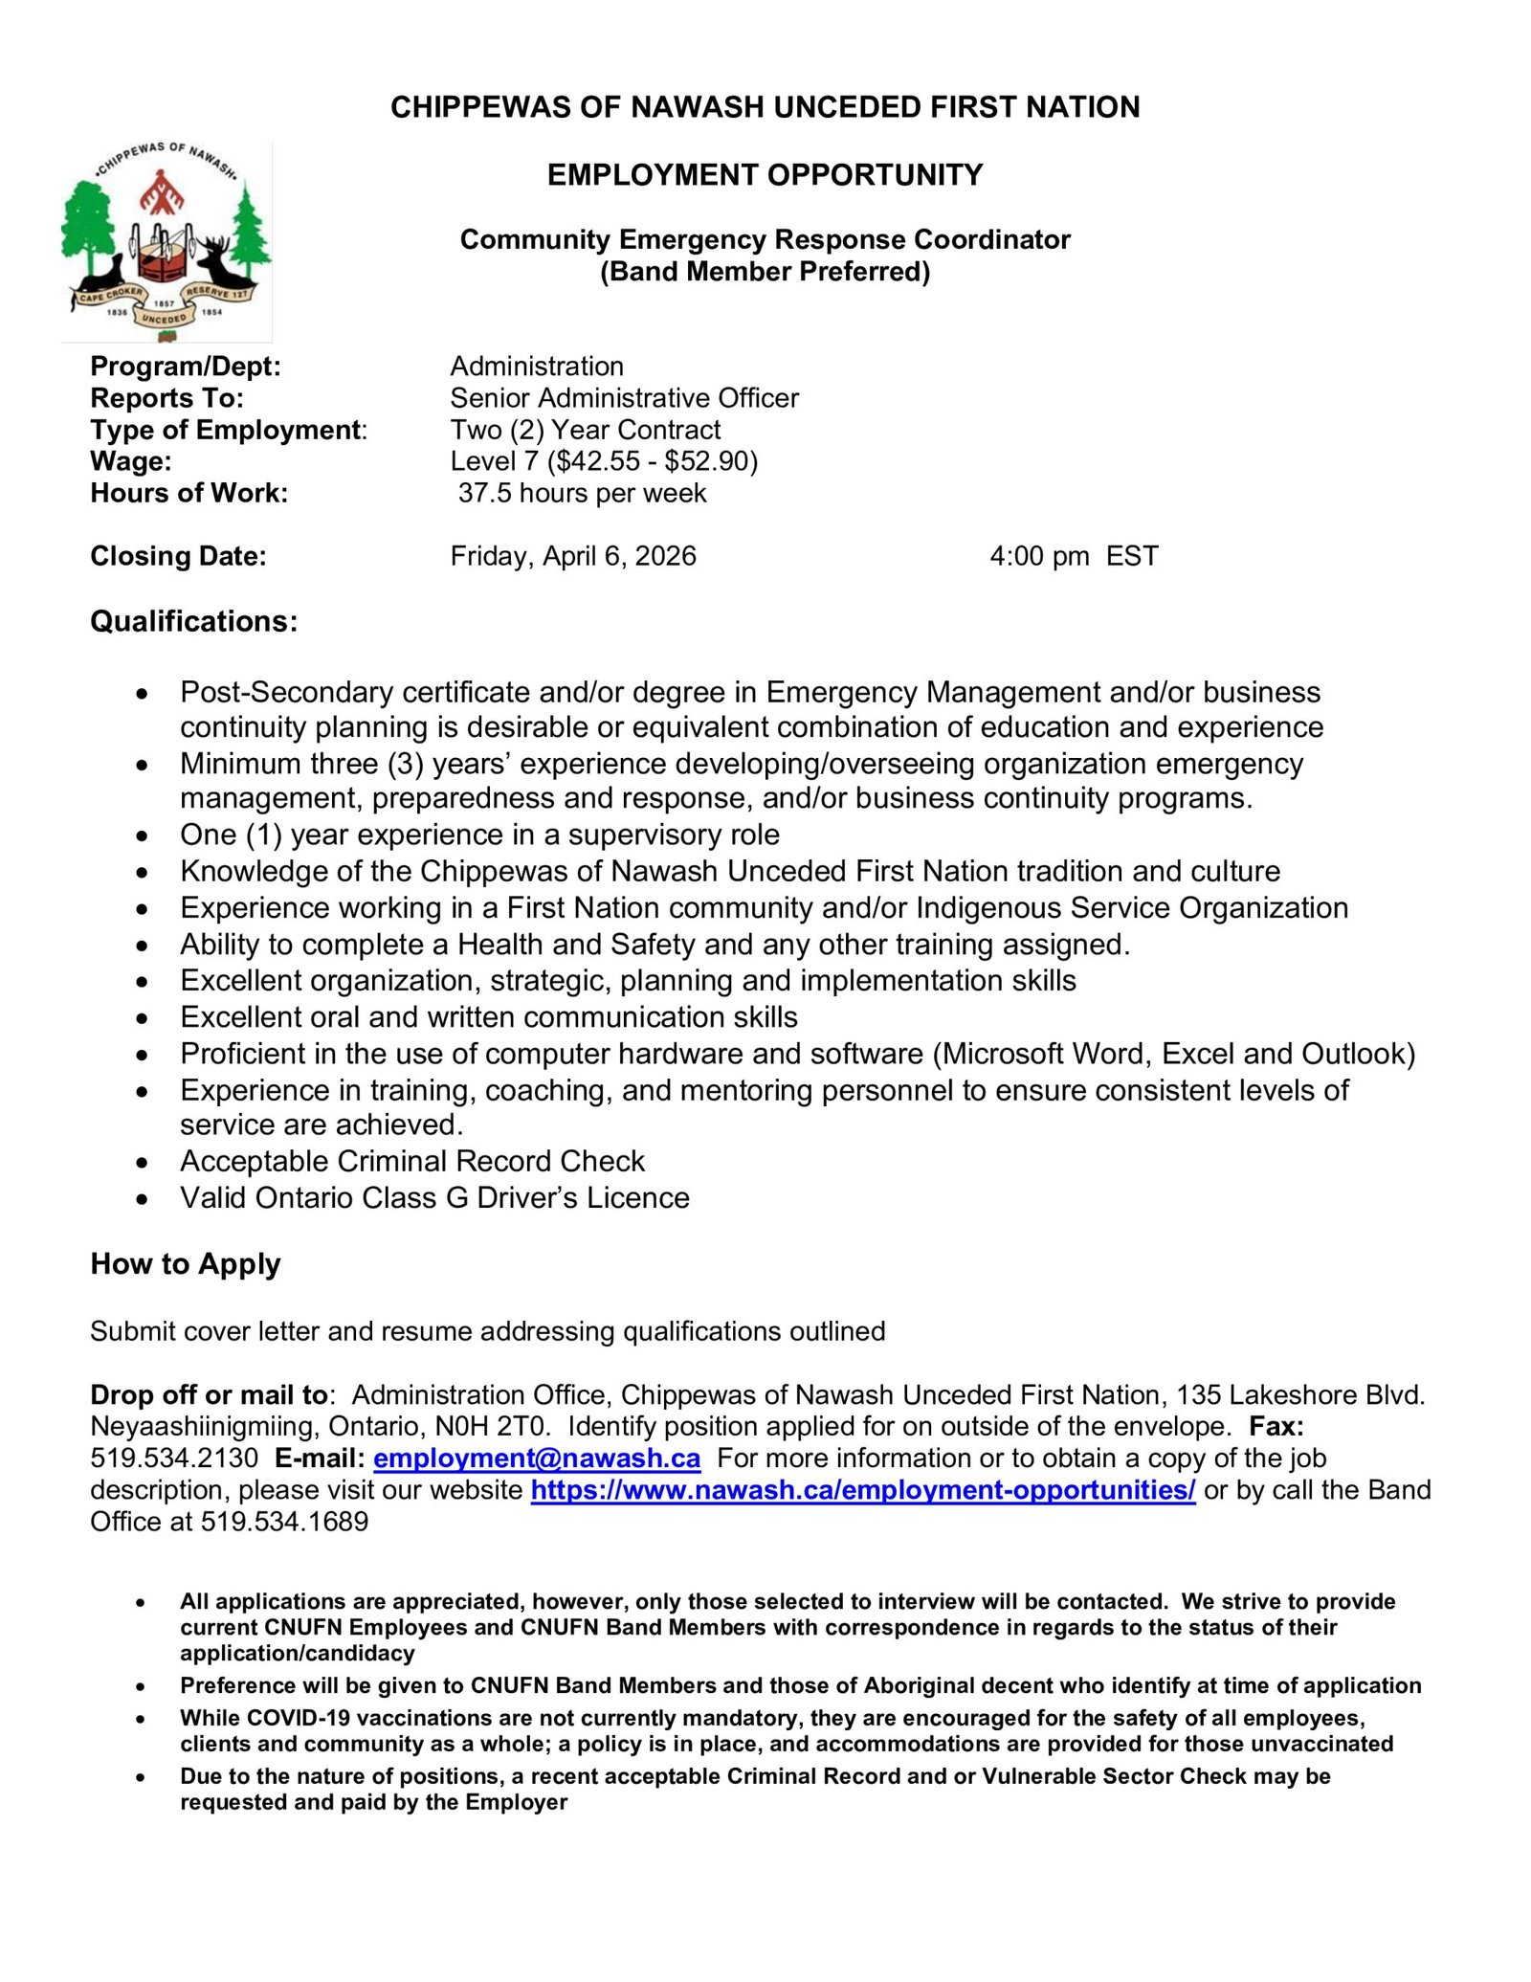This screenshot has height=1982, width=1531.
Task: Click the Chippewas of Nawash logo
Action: [x=166, y=241]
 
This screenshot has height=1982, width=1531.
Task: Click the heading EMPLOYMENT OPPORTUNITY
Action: [x=765, y=175]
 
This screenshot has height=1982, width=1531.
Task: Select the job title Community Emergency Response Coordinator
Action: [x=765, y=239]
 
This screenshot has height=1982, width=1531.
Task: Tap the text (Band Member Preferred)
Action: [x=765, y=272]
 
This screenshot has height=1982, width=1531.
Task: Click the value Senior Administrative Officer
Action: [x=624, y=398]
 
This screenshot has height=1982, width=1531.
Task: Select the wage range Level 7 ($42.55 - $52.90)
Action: [x=604, y=461]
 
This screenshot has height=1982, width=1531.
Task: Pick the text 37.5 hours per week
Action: [x=582, y=494]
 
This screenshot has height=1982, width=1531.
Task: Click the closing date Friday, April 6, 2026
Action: [x=573, y=556]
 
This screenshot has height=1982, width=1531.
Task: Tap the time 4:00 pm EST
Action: [x=1074, y=556]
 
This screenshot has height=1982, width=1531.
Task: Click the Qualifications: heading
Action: [x=193, y=622]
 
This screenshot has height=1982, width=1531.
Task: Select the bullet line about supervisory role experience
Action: [x=479, y=835]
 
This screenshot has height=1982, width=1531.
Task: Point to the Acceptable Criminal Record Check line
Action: [x=412, y=1162]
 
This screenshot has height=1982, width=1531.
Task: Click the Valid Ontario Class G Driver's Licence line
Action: [x=434, y=1198]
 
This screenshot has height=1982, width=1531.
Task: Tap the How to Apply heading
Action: [x=185, y=1264]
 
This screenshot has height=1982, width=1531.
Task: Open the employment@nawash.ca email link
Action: [x=536, y=1459]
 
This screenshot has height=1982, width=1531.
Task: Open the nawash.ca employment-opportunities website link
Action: [x=862, y=1490]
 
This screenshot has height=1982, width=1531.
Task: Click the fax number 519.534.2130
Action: [x=174, y=1459]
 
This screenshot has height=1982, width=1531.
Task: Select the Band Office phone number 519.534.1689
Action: [x=284, y=1522]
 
